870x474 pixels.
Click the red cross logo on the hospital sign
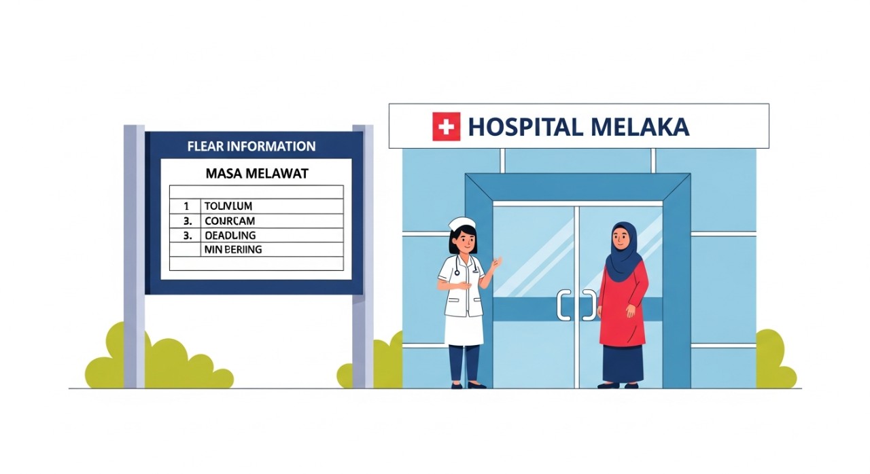[x=446, y=127]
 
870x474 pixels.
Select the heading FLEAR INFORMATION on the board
[x=251, y=146]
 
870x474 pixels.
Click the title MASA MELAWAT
[x=256, y=174]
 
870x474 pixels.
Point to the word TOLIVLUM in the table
[x=228, y=206]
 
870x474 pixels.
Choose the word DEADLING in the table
[x=230, y=236]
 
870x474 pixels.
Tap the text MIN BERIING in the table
[x=232, y=250]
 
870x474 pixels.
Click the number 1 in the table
[x=186, y=206]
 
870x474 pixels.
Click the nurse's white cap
[x=462, y=223]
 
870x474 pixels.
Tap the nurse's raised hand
[x=497, y=263]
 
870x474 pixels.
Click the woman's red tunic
[x=622, y=306]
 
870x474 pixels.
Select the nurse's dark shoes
[x=466, y=385]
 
